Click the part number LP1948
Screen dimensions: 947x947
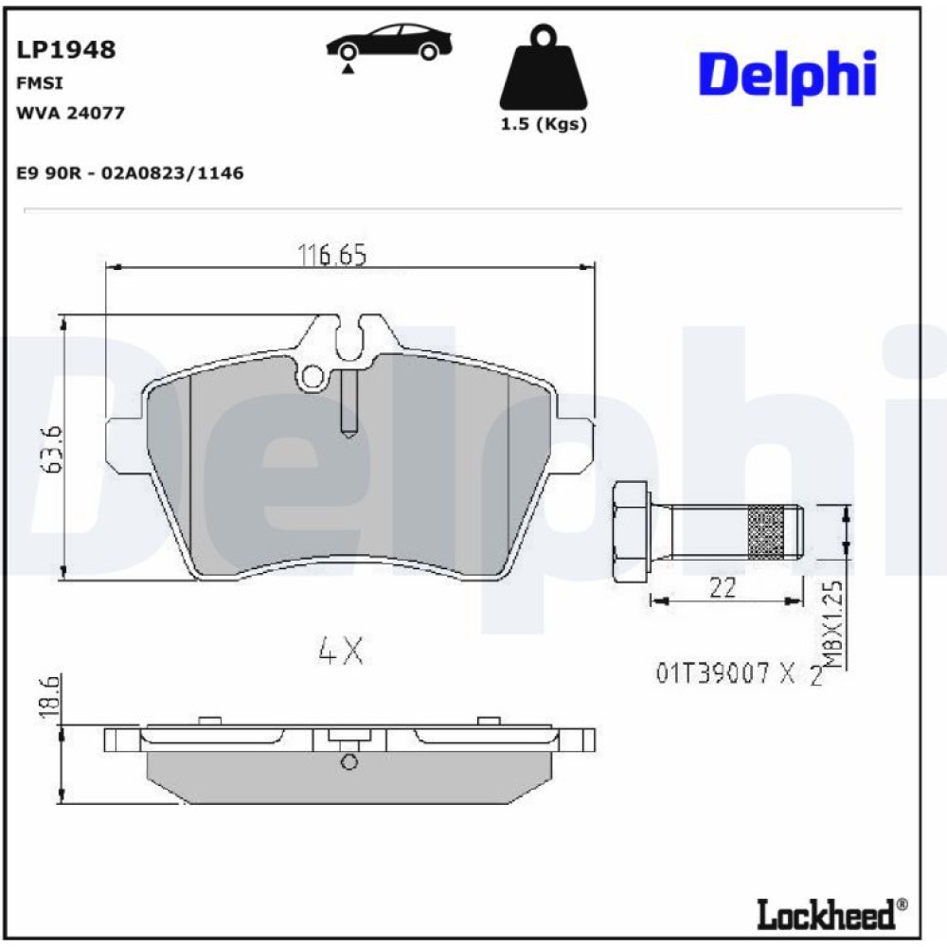(66, 49)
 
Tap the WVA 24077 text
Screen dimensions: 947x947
(70, 113)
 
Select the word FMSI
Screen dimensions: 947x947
(39, 82)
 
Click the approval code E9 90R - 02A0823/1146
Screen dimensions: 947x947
(130, 173)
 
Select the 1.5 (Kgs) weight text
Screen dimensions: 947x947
(544, 124)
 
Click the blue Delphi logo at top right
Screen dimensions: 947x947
(788, 76)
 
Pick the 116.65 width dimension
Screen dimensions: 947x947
(332, 255)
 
